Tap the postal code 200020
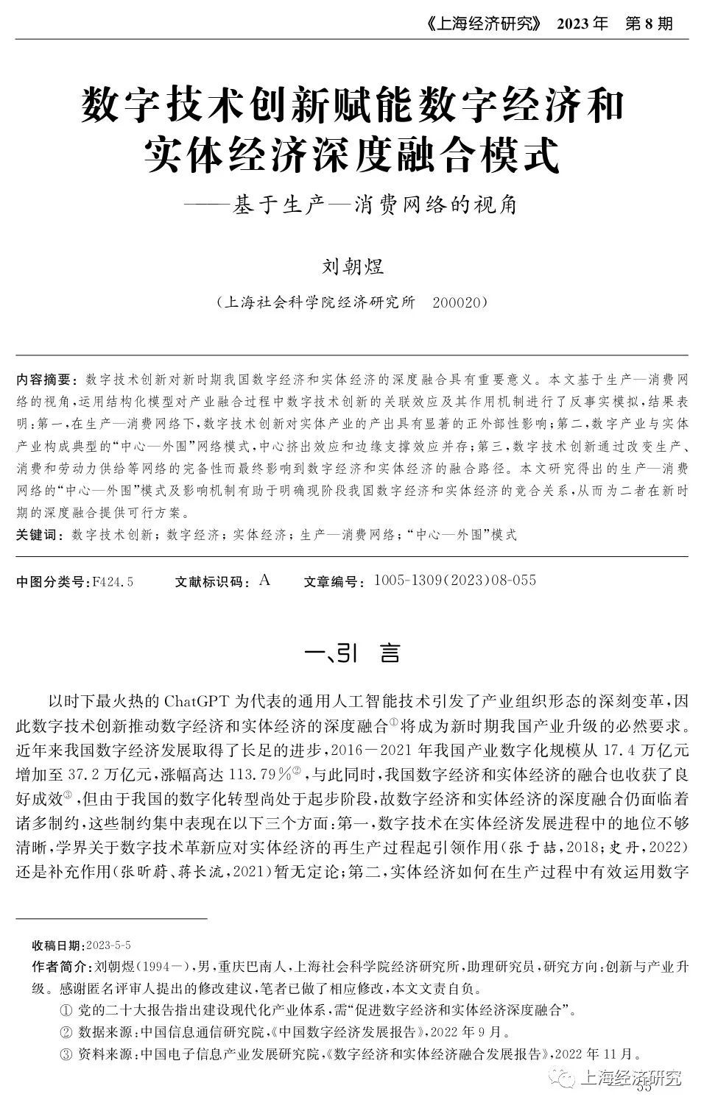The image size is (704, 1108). pos(457,302)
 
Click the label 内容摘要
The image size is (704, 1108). pos(46,380)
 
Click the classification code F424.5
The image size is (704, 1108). pos(112,582)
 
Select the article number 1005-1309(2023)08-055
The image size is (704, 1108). pos(455,580)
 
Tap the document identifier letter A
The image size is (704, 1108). pos(265,580)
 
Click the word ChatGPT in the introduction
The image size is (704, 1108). pos(195,698)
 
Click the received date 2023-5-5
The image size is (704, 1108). pos(109,945)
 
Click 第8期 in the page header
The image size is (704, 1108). pos(649,24)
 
